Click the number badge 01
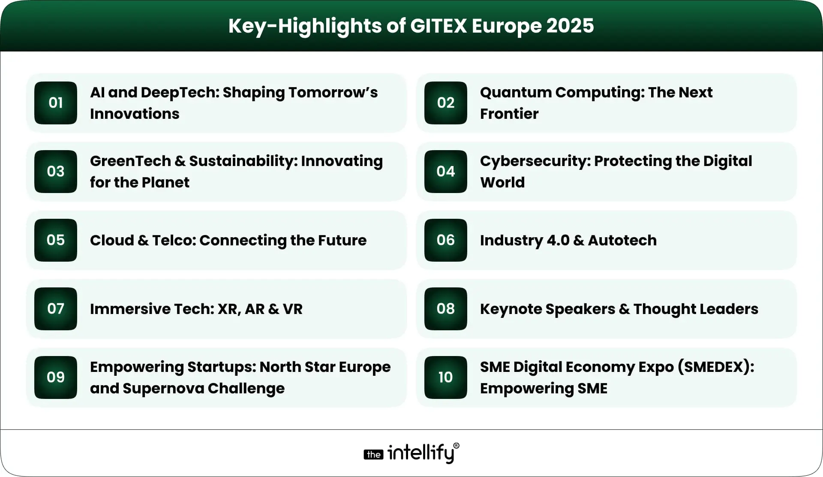pos(56,103)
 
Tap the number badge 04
pos(446,172)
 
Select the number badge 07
pos(56,309)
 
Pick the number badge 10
pos(446,377)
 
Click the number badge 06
pos(446,240)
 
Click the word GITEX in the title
pos(438,26)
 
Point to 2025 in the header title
pos(570,26)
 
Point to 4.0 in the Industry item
pos(557,241)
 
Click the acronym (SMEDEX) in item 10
pos(715,367)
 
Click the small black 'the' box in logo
pos(373,455)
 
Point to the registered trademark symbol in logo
pos(456,446)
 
